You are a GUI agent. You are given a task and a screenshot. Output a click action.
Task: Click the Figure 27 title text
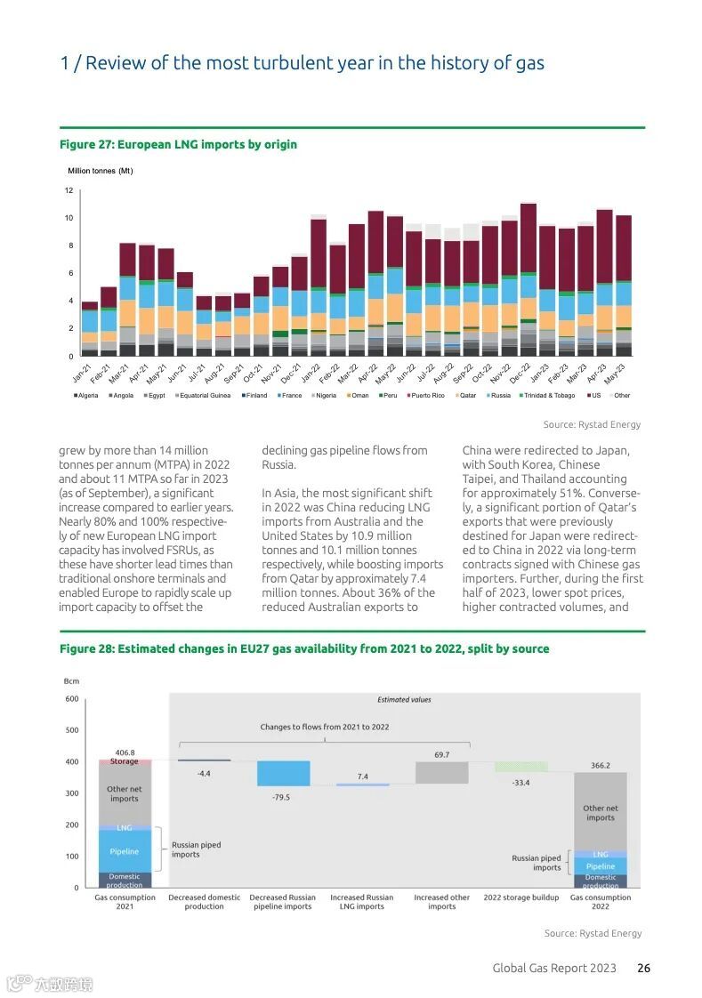click(x=178, y=144)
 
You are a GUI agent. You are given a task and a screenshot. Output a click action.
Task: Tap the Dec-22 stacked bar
click(x=529, y=280)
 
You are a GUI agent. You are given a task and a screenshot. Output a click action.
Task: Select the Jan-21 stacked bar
click(x=89, y=329)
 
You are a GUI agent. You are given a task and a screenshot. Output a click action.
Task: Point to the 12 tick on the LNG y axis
click(x=69, y=190)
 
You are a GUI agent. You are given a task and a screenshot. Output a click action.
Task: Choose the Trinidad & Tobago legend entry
click(x=546, y=396)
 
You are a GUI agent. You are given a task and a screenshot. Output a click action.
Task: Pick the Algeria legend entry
click(x=86, y=396)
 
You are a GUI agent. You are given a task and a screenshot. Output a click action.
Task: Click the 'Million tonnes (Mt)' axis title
click(x=101, y=171)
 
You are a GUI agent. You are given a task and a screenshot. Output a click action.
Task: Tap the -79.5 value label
click(x=281, y=797)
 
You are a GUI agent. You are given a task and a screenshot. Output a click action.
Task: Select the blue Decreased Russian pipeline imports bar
click(x=283, y=773)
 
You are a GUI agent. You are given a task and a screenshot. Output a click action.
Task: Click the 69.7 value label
click(x=442, y=754)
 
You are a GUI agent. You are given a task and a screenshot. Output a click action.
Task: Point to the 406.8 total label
click(x=125, y=752)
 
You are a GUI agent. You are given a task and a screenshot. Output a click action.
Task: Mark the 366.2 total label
click(x=600, y=765)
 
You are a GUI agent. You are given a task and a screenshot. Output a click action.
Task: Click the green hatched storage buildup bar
click(x=521, y=767)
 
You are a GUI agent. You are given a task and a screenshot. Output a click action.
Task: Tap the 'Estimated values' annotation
click(x=404, y=700)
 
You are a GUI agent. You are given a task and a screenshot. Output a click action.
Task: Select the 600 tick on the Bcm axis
click(x=71, y=699)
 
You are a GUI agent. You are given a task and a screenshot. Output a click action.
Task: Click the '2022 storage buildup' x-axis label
click(x=521, y=897)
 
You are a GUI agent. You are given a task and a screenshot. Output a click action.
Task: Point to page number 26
click(x=643, y=968)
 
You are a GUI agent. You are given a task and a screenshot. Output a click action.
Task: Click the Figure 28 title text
click(x=304, y=648)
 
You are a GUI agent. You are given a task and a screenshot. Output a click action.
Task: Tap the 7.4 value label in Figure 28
click(x=362, y=777)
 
